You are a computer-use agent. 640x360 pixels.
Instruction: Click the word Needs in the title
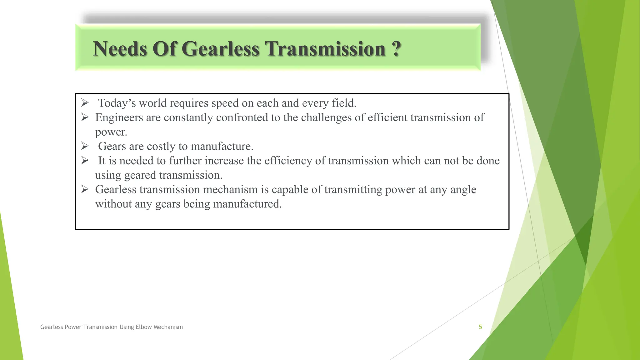(120, 49)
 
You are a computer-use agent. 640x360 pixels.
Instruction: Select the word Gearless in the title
(220, 49)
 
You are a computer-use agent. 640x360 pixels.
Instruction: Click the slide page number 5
(480, 327)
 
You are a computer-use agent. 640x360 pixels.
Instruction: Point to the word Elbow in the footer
(144, 327)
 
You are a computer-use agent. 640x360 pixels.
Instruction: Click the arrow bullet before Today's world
(85, 102)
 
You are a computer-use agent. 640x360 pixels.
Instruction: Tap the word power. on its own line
(111, 132)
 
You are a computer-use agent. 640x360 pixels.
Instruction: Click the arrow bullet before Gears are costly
(85, 146)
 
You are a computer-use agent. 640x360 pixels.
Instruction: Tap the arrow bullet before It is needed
(85, 160)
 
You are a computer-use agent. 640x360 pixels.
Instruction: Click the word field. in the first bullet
(344, 103)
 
